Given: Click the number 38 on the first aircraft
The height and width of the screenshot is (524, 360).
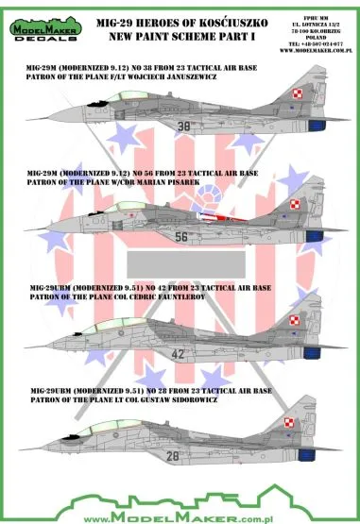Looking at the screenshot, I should click(x=182, y=123).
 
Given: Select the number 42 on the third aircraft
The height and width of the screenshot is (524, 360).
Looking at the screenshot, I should click(x=182, y=355).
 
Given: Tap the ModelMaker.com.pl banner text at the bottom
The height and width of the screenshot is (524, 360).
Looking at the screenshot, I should click(x=180, y=513).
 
